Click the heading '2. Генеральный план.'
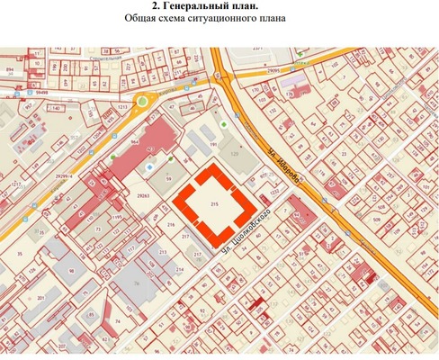219,7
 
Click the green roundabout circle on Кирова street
142,101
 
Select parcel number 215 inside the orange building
214,205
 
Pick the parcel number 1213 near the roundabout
121,106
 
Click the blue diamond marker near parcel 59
149,167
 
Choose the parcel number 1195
115,217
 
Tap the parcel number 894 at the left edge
9,68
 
